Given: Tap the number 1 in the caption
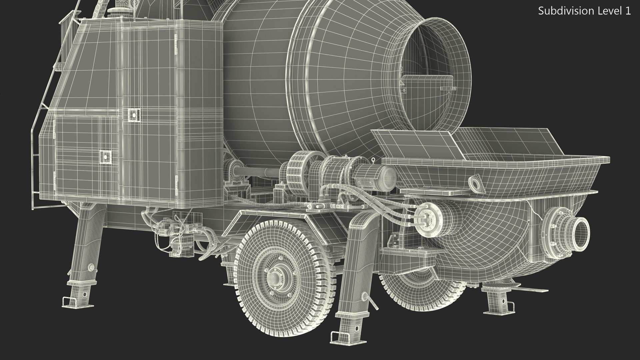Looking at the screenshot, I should point(628,11).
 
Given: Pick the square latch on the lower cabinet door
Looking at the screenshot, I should point(106,156).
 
